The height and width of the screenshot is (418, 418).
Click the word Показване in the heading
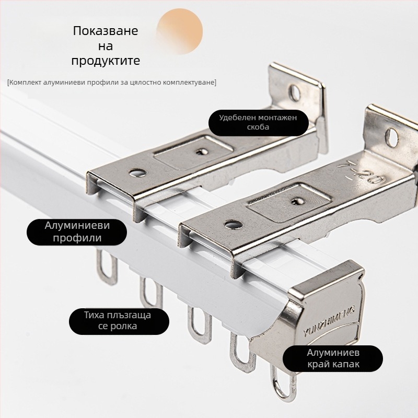click(x=106, y=31)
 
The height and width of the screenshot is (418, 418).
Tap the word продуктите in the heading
click(x=106, y=61)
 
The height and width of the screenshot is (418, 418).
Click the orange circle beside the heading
click(x=180, y=31)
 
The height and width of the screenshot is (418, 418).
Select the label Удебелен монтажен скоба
click(x=258, y=122)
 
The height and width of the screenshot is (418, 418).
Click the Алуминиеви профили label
click(x=77, y=232)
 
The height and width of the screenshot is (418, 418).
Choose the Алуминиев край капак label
click(x=333, y=358)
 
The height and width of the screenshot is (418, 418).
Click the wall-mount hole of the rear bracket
click(x=295, y=93)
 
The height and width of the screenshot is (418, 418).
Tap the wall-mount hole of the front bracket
click(x=392, y=137)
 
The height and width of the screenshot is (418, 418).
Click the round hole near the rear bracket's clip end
click(x=137, y=173)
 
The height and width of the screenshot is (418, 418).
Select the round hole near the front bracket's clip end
click(x=233, y=224)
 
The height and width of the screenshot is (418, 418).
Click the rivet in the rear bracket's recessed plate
click(x=202, y=152)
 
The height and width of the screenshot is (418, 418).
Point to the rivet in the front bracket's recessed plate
click(x=297, y=202)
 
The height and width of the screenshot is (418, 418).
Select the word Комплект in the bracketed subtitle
click(x=25, y=83)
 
